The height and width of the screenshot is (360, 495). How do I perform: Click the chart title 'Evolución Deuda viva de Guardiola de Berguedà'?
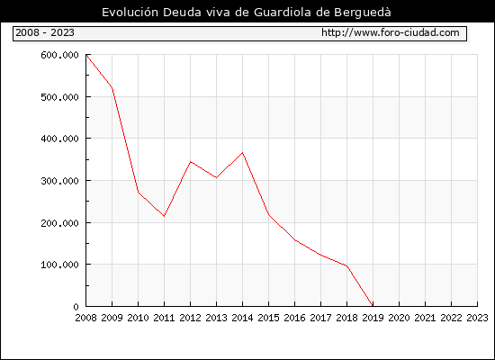pos(247,13)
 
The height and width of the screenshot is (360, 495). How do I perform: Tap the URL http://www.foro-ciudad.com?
pos(391,32)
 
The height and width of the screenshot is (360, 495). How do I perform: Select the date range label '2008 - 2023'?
pos(45,32)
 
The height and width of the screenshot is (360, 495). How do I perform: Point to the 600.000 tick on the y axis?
pos(59,55)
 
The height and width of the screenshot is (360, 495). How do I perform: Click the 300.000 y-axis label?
pos(59,181)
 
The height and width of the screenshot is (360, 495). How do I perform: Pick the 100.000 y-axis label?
pos(59,265)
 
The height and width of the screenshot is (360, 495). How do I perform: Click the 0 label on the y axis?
pos(76,307)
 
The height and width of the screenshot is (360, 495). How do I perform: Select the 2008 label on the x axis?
pos(85,318)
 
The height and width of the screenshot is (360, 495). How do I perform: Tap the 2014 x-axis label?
pos(242,318)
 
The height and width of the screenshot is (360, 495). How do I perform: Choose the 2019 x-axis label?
pos(373,318)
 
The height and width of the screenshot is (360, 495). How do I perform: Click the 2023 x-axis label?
pos(477,318)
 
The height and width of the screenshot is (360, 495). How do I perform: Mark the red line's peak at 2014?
pos(242,153)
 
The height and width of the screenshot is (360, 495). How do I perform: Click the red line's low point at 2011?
pos(164,216)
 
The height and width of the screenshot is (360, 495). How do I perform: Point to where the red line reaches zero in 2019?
pos(373,306)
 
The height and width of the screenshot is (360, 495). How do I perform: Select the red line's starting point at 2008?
pos(86,55)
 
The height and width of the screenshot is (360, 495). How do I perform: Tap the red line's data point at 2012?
pos(191,162)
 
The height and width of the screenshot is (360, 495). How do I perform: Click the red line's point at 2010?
pos(139,192)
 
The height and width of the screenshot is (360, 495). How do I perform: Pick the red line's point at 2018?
pos(346,265)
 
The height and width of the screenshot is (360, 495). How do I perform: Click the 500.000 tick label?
pos(59,97)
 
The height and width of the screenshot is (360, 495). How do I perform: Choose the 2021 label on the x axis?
pos(425,318)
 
